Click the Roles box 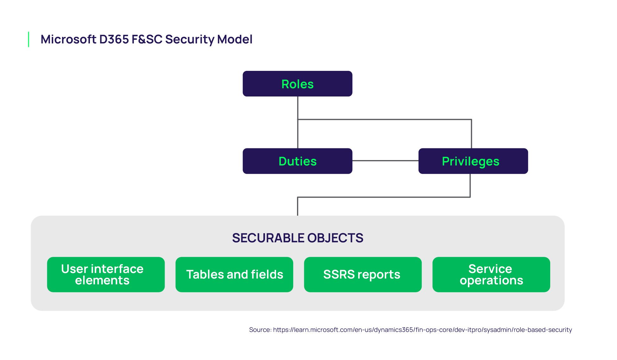pyautogui.click(x=297, y=84)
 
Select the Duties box pyautogui.click(x=297, y=161)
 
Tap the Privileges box pyautogui.click(x=473, y=161)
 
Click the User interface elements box pyautogui.click(x=106, y=274)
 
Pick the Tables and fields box pyautogui.click(x=234, y=274)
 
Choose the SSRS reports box pyautogui.click(x=362, y=274)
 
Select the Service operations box pyautogui.click(x=491, y=274)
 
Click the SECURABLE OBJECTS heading pyautogui.click(x=298, y=238)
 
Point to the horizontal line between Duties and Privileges pyautogui.click(x=385, y=161)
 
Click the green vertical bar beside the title pyautogui.click(x=29, y=39)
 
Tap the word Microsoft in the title pyautogui.click(x=68, y=39)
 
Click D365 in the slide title pyautogui.click(x=114, y=39)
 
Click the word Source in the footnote pyautogui.click(x=260, y=330)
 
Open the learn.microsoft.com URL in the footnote pyautogui.click(x=422, y=330)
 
